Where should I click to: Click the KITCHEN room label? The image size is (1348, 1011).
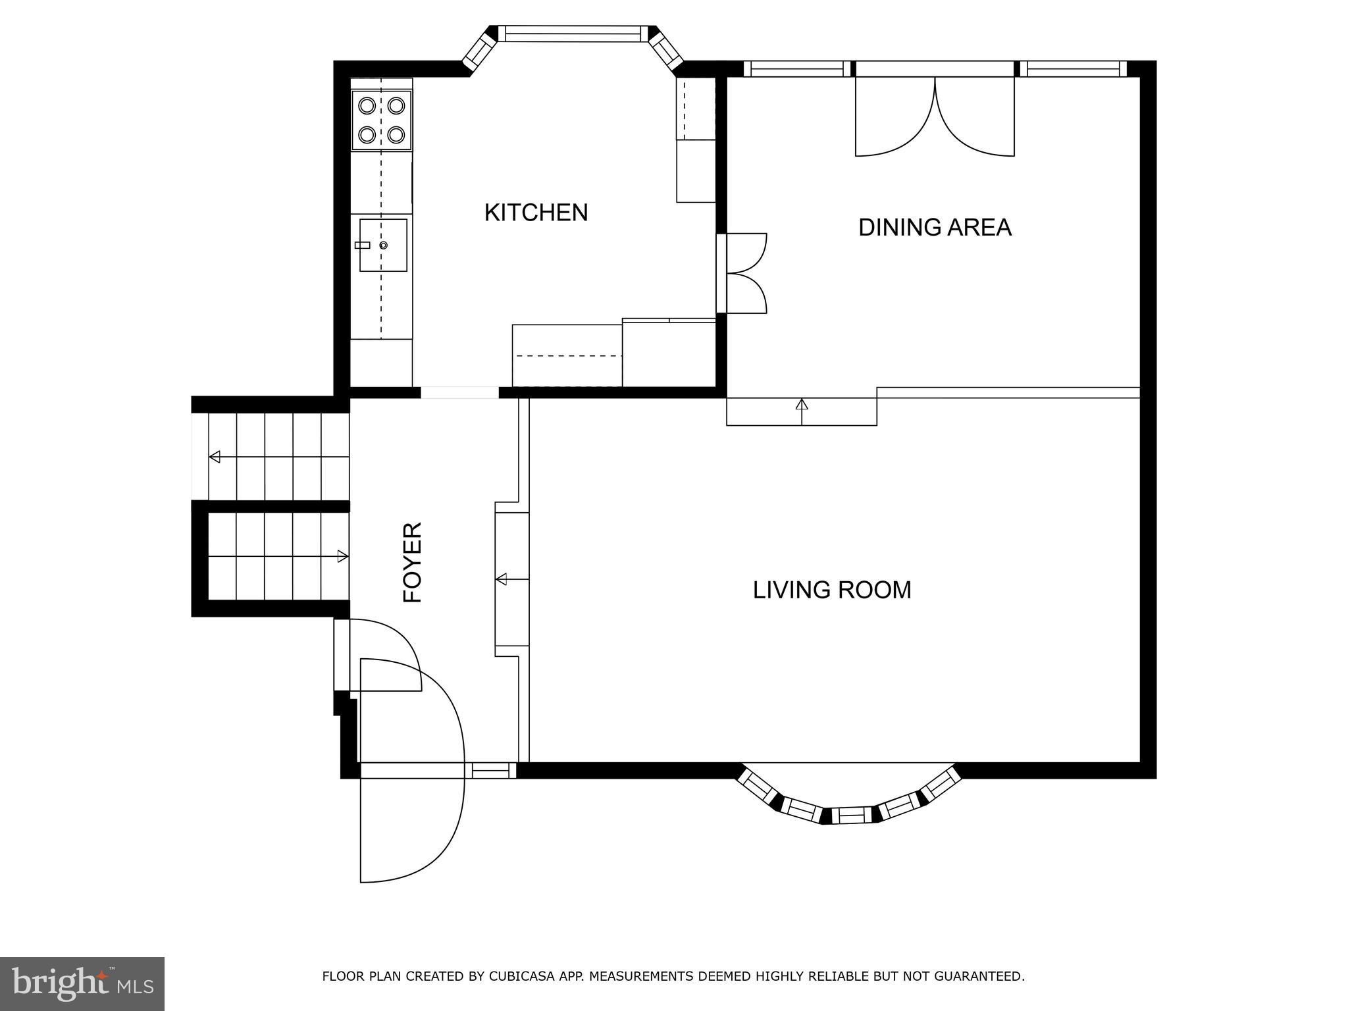[536, 213]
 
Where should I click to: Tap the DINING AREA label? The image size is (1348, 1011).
[934, 227]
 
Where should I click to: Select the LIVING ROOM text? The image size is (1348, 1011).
[831, 590]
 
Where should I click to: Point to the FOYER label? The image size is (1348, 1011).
[412, 562]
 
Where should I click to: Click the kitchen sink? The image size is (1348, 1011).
[382, 245]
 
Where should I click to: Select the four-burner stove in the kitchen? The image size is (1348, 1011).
[382, 120]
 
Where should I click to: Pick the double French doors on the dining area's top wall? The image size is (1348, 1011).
[935, 115]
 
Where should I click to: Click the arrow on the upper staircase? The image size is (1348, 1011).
[215, 457]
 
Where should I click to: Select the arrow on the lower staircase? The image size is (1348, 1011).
[342, 557]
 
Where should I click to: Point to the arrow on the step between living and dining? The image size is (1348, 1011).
[802, 405]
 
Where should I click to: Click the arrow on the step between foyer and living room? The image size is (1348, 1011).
[502, 579]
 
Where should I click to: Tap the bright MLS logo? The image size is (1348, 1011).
[82, 983]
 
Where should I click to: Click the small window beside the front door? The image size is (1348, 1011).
[491, 770]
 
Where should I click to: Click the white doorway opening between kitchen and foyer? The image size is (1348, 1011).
[459, 393]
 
